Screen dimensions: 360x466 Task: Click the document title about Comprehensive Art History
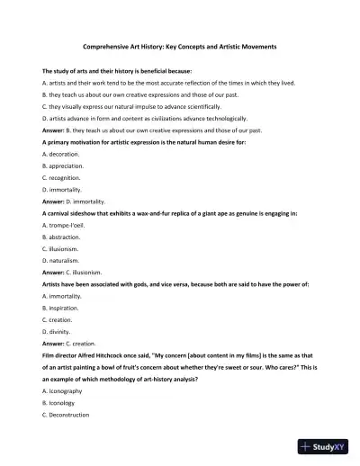179,44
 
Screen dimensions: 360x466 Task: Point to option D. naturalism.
62,259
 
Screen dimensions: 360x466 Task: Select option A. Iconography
64,390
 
